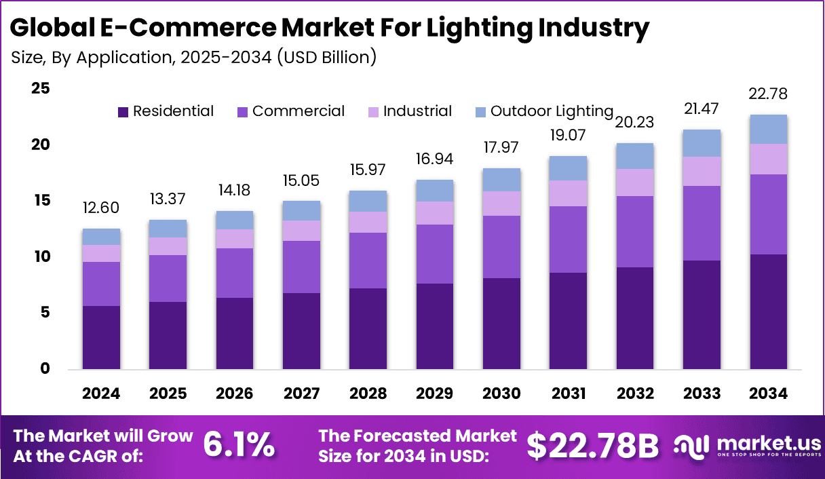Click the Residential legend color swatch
click(x=123, y=112)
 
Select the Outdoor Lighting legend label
click(x=552, y=111)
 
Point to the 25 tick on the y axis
click(x=40, y=88)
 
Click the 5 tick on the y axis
click(x=45, y=313)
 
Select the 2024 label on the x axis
click(x=101, y=394)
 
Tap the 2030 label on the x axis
click(x=501, y=394)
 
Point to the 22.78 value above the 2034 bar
click(x=769, y=93)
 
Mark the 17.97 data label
click(x=501, y=147)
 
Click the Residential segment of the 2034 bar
click(x=769, y=312)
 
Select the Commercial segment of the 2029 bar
click(x=435, y=254)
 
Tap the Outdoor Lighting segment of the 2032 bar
click(x=635, y=156)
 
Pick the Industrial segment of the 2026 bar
click(x=235, y=239)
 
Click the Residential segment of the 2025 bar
click(x=168, y=336)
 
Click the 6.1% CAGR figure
click(x=239, y=444)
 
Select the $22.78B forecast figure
click(x=592, y=445)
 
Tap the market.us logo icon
click(x=692, y=446)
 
